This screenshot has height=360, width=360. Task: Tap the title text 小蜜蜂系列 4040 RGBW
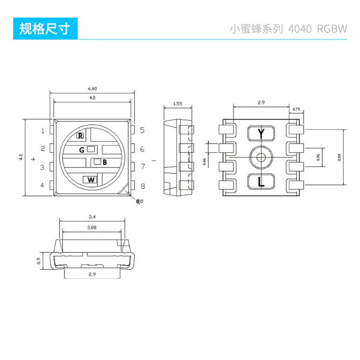coord(288,28)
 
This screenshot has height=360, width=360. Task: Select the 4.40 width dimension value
coord(92,89)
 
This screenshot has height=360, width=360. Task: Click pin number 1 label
coord(43,131)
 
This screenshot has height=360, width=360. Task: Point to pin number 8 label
coord(143,186)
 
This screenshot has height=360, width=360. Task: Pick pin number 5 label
coord(143,130)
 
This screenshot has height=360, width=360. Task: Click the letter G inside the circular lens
coord(82,150)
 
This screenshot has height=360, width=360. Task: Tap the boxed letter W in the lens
coord(91,180)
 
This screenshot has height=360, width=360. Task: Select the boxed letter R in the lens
coord(81,136)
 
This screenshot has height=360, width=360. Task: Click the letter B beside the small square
coord(105,162)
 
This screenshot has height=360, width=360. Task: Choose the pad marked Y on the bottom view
coord(261,133)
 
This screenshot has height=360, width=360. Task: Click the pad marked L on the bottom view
coord(261,182)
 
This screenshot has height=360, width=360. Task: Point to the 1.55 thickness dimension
coord(178,103)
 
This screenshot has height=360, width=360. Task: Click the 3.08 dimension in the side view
coord(92,227)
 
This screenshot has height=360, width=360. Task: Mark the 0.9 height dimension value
coord(38,261)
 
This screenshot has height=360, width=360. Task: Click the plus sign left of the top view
coord(33,159)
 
